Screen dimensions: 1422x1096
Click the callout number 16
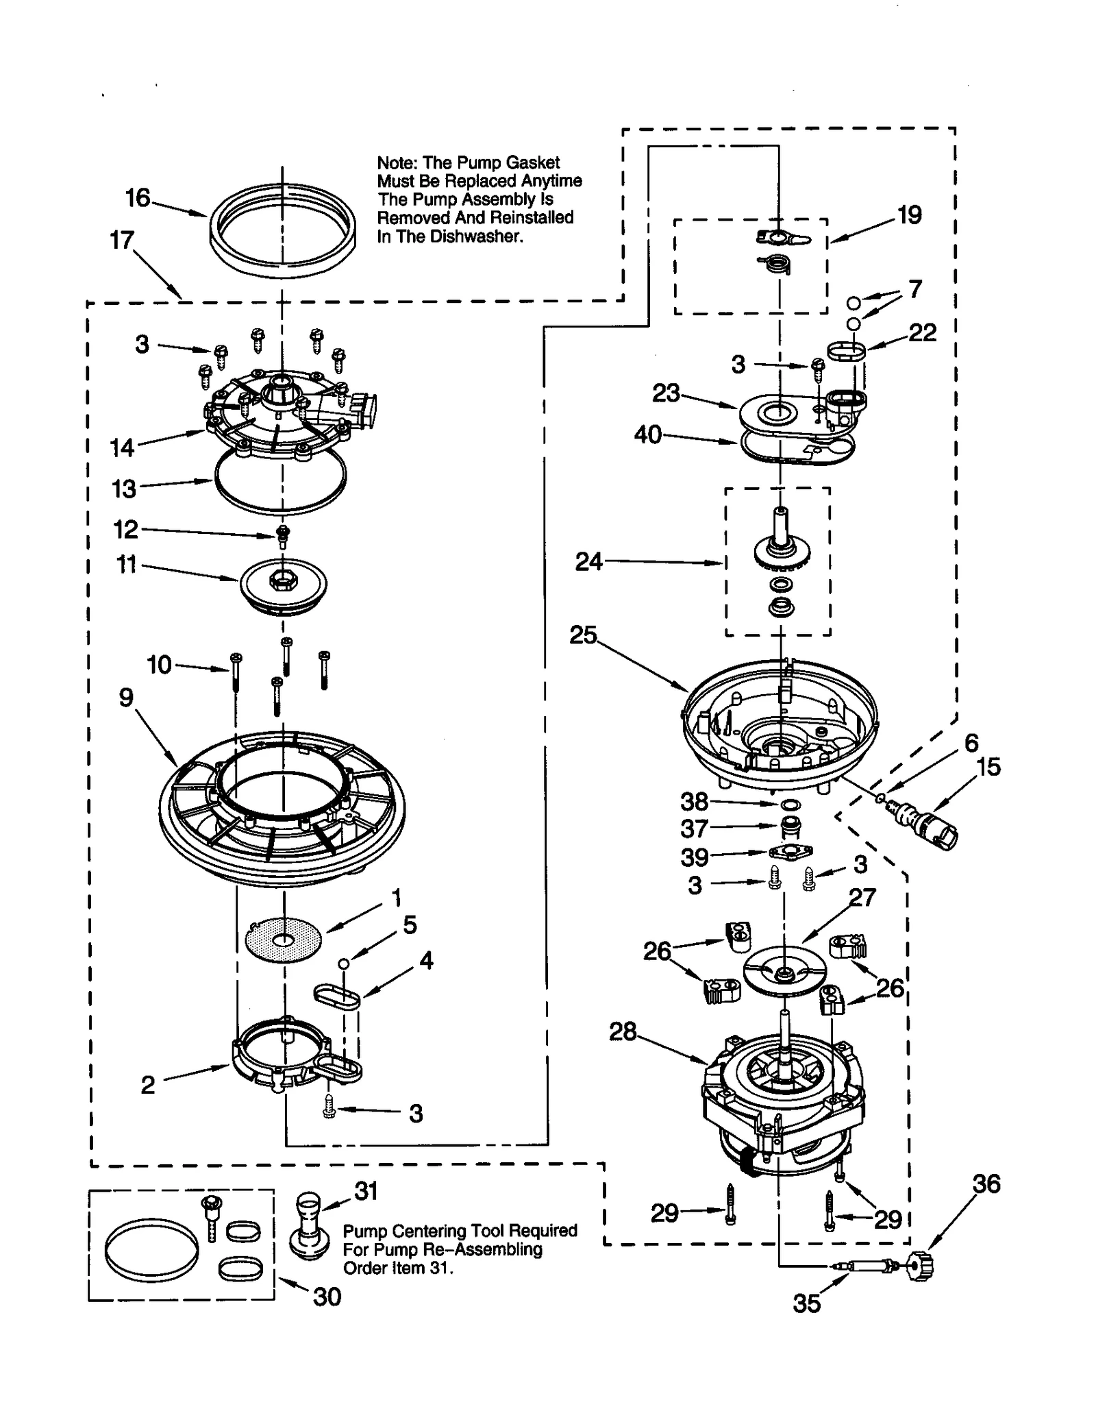tap(137, 198)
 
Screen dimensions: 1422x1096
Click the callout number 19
tap(909, 215)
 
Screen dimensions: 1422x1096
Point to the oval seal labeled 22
tap(847, 352)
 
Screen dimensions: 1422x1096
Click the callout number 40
tap(647, 434)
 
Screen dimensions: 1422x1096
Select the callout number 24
tap(588, 562)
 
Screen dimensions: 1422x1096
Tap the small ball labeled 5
tap(345, 963)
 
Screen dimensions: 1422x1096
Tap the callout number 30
tap(327, 1297)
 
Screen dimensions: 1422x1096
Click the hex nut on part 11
tap(282, 580)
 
